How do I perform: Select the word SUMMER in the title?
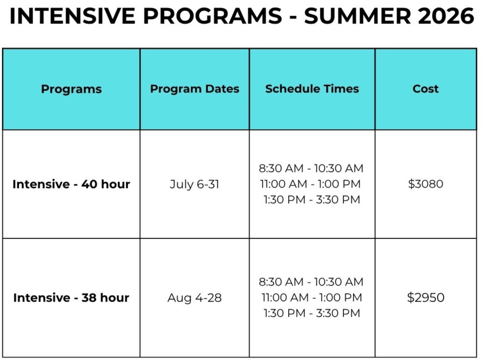pyautogui.click(x=358, y=16)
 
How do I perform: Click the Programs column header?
pyautogui.click(x=71, y=89)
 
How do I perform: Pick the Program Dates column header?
pyautogui.click(x=195, y=89)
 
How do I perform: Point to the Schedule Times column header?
pyautogui.click(x=312, y=89)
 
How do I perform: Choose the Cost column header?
pyautogui.click(x=426, y=89)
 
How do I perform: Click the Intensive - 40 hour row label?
pyautogui.click(x=71, y=184)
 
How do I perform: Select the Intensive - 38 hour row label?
pyautogui.click(x=71, y=297)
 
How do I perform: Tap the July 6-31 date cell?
pyautogui.click(x=194, y=184)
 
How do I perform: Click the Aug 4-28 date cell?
pyautogui.click(x=194, y=298)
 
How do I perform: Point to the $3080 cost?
pyautogui.click(x=426, y=184)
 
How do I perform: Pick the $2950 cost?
pyautogui.click(x=426, y=297)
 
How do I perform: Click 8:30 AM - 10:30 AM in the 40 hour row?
pyautogui.click(x=311, y=168)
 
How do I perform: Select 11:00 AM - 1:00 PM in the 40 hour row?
pyautogui.click(x=311, y=184)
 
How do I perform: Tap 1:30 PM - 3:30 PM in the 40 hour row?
pyautogui.click(x=312, y=200)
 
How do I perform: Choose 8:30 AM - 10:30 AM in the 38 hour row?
pyautogui.click(x=311, y=282)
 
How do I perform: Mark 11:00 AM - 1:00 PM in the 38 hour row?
pyautogui.click(x=312, y=297)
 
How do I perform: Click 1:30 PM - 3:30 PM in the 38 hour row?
pyautogui.click(x=312, y=313)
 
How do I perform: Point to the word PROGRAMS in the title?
pyautogui.click(x=212, y=16)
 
